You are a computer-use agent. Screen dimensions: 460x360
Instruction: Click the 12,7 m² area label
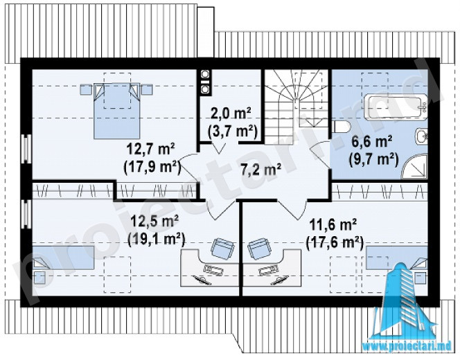pos(151,150)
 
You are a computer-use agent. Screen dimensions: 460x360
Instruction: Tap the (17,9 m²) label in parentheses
pos(152,168)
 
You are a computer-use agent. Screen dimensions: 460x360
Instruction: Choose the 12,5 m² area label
pos(155,222)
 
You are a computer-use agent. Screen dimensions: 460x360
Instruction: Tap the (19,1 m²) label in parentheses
pos(157,239)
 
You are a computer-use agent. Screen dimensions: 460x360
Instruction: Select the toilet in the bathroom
pos(342,127)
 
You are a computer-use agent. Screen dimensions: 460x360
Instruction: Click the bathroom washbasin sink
pos(422,136)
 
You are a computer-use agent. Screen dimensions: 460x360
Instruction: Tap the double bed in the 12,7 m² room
pos(116,111)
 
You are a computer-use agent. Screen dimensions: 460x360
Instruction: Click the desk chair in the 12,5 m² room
pos(222,248)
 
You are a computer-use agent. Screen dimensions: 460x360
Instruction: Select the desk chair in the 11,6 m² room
pos(259,248)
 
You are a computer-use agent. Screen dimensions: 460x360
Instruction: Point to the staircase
pos(297,106)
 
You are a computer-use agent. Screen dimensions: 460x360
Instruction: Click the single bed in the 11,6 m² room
pos(396,258)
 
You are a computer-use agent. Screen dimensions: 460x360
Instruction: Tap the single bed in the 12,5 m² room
pos(63,258)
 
